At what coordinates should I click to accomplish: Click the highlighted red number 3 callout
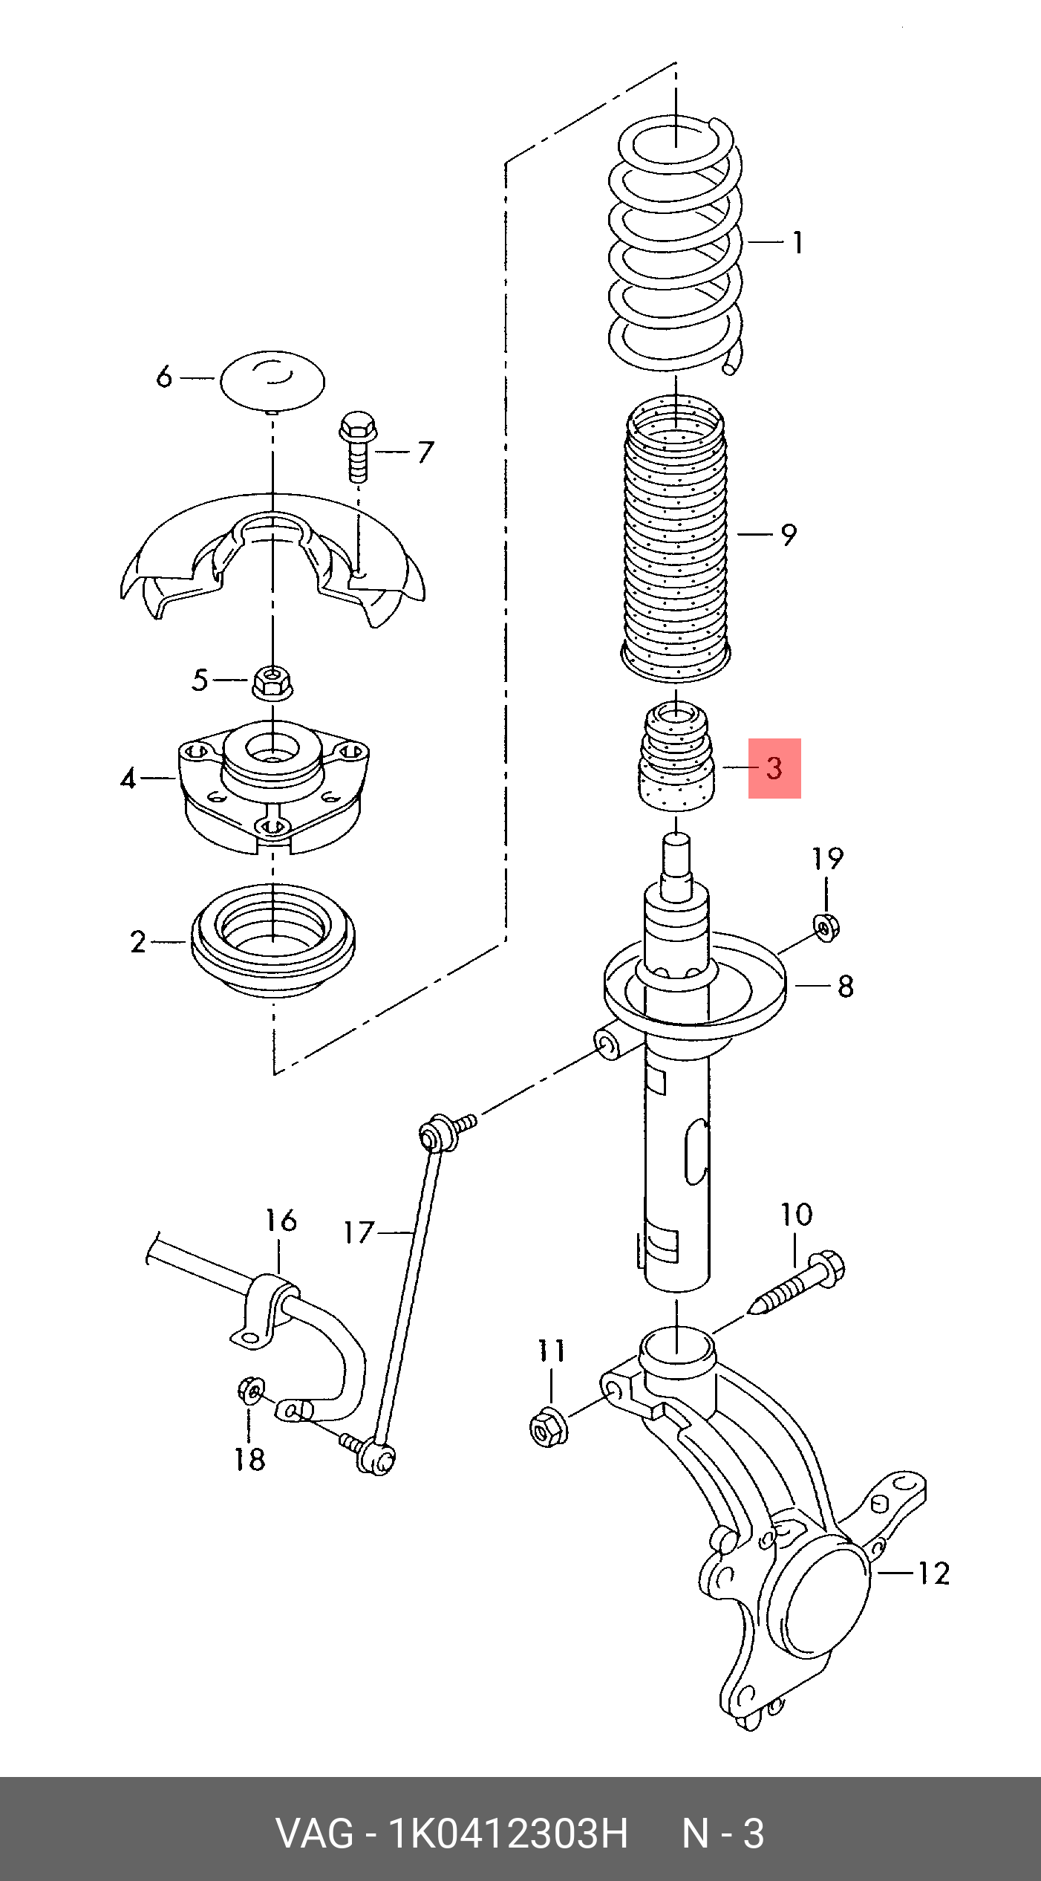coord(774,768)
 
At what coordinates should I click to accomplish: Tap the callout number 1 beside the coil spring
coord(797,243)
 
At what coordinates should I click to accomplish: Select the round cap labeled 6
coord(273,381)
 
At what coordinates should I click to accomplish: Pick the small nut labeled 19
coord(827,928)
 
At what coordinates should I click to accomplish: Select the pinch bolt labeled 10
coord(800,1283)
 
